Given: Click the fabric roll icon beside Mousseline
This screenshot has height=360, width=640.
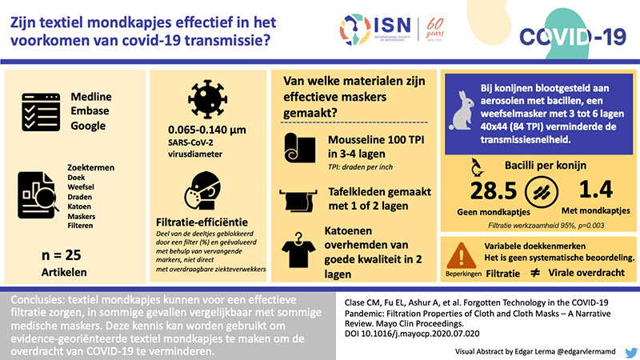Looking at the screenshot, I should pyautogui.click(x=299, y=147).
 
